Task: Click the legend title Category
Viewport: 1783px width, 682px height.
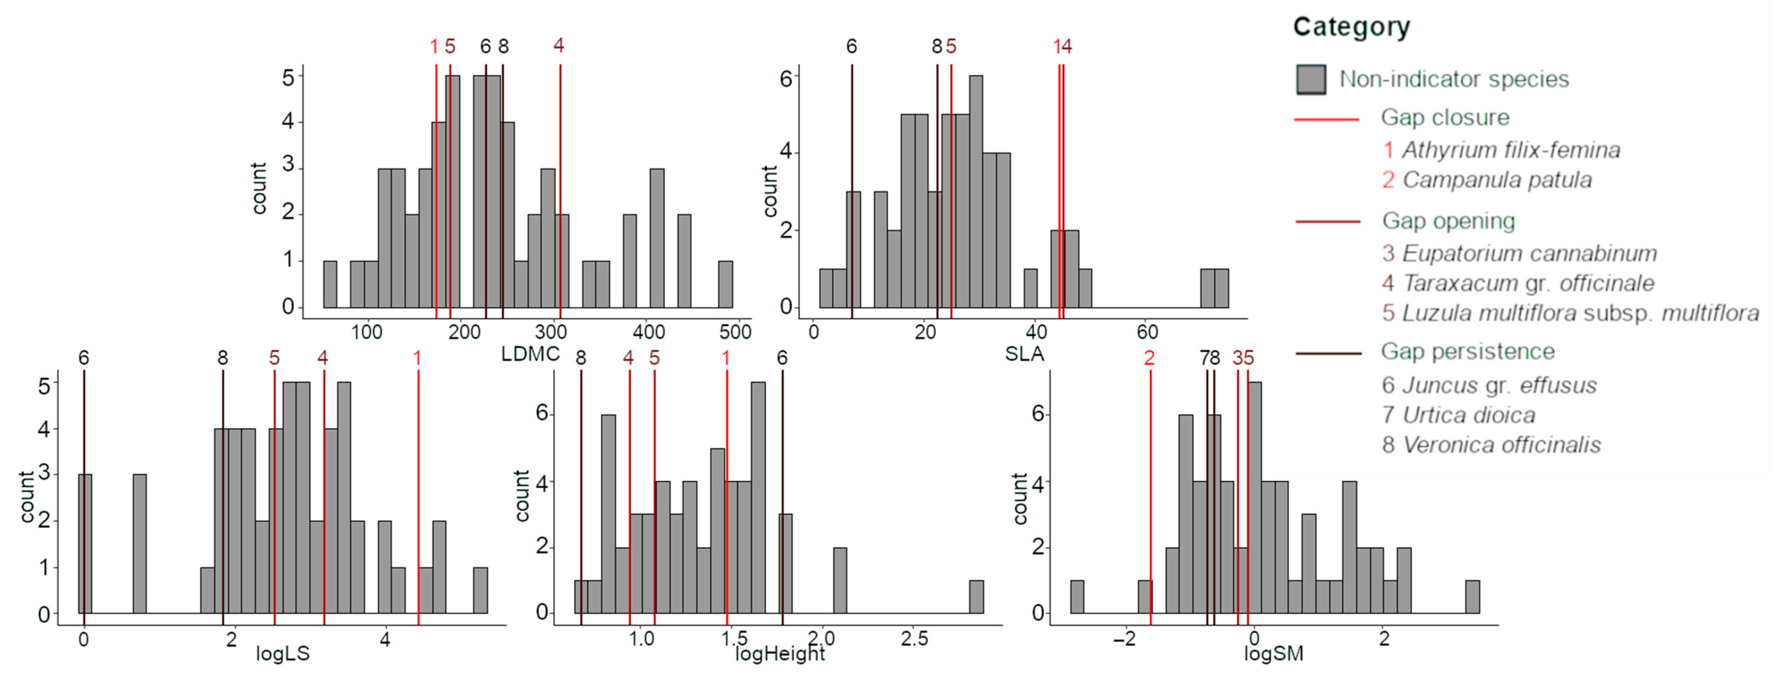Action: tap(1351, 27)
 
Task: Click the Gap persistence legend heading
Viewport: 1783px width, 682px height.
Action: tap(1467, 352)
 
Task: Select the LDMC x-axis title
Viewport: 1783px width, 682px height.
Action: tap(530, 354)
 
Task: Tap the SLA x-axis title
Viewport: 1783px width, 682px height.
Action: tap(1024, 354)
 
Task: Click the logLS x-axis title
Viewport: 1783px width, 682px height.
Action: tap(283, 654)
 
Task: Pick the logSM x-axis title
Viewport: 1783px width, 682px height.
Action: tap(1274, 654)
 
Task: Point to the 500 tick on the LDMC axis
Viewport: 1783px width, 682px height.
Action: tap(735, 332)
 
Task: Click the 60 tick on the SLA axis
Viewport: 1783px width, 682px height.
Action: tap(1147, 332)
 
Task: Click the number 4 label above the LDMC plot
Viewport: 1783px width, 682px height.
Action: tap(559, 46)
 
